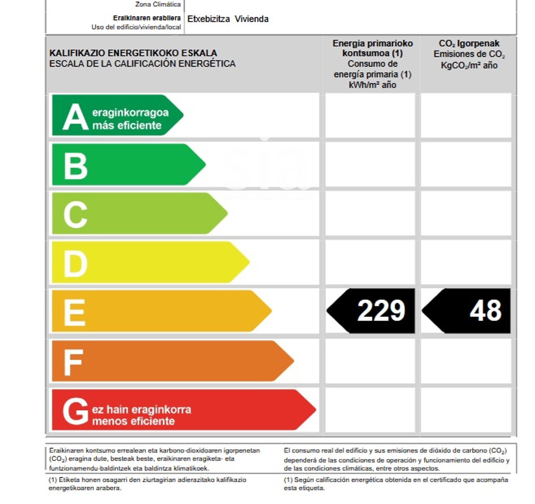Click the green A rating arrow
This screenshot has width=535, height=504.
click(117, 115)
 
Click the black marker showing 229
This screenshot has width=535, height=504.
click(371, 311)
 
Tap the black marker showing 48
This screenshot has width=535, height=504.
click(467, 311)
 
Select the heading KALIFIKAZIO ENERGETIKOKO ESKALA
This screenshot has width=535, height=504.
click(133, 53)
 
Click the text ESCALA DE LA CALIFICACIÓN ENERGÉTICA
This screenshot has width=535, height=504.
click(142, 64)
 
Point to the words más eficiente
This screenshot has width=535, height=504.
click(127, 125)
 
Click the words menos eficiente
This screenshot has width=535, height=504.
click(133, 421)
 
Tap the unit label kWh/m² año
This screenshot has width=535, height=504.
click(372, 85)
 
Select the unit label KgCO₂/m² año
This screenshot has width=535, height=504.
click(469, 65)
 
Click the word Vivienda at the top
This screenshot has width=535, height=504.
click(251, 19)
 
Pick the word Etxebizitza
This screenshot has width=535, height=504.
click(208, 19)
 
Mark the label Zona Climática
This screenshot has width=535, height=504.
click(158, 4)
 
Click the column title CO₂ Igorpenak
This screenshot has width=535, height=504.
click(469, 43)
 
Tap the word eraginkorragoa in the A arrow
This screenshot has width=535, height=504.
click(130, 113)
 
